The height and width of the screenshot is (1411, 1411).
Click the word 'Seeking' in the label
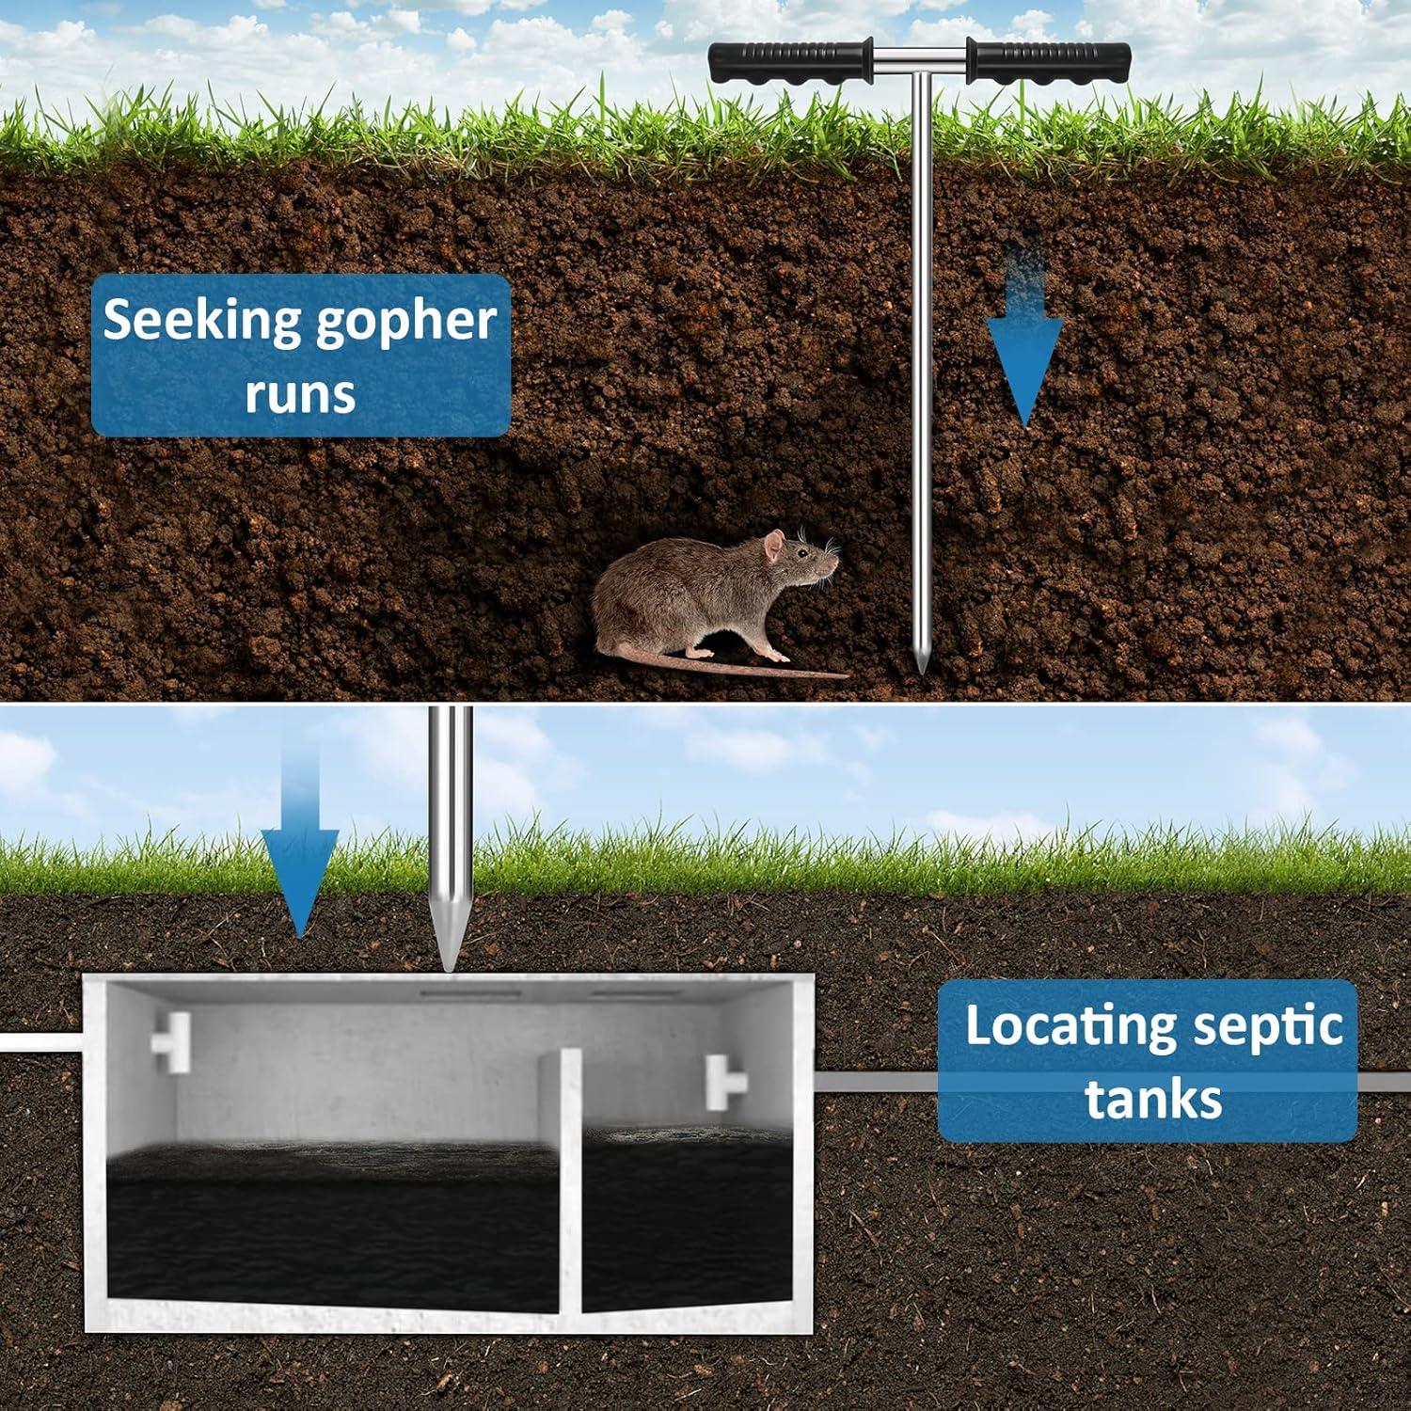[x=201, y=323]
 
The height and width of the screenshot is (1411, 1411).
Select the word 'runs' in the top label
[x=300, y=393]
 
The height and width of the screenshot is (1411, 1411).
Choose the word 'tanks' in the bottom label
[x=1153, y=1099]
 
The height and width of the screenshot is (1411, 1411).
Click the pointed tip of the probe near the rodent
[x=922, y=672]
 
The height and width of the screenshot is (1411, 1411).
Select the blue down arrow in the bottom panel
[x=300, y=836]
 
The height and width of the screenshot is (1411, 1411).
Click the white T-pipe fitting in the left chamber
[x=171, y=1035]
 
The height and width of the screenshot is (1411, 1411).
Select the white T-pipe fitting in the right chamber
[x=726, y=1083]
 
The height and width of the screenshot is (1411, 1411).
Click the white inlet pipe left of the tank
[x=41, y=1042]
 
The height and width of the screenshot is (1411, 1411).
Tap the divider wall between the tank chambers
[x=570, y=1181]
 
